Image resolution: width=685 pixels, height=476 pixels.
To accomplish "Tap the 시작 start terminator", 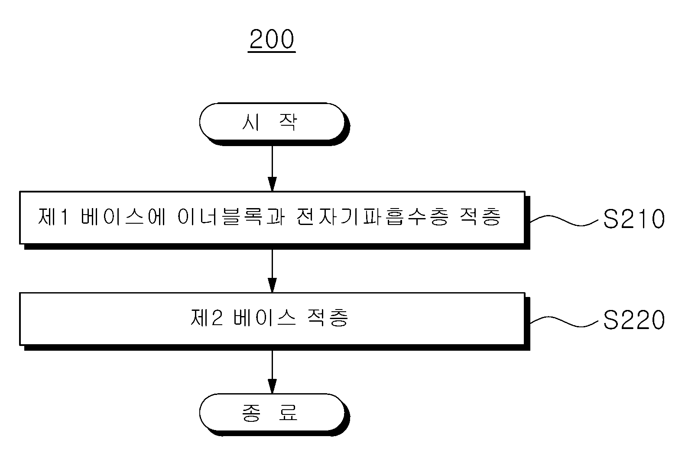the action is point(272,122).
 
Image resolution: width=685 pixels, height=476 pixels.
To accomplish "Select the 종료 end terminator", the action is point(272,412).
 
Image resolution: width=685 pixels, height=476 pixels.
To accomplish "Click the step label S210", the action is point(633,218).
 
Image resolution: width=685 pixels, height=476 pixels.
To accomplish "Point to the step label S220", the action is point(633,320).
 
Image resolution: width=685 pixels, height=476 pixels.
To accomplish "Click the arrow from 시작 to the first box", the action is point(272,168).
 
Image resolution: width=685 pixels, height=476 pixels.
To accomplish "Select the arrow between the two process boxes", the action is point(272,271).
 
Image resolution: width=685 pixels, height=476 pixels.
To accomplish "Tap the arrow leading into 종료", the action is point(272,372).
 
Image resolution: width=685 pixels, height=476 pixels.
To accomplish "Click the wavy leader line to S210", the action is point(564,220).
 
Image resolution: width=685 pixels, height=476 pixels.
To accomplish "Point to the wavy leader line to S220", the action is point(564,322).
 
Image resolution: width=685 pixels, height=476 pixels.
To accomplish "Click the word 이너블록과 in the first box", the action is point(231,217).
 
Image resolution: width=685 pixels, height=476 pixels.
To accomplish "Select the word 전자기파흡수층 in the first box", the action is point(373,217).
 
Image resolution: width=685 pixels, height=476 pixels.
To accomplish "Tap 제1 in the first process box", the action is point(52,217).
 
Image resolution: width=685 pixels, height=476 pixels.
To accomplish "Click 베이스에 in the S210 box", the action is point(123,217).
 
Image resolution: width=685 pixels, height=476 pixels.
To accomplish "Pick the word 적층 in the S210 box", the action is point(480,217).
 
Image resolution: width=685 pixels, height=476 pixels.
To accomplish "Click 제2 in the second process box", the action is point(206,317).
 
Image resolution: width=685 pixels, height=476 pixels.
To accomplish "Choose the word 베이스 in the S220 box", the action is point(264,317).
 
